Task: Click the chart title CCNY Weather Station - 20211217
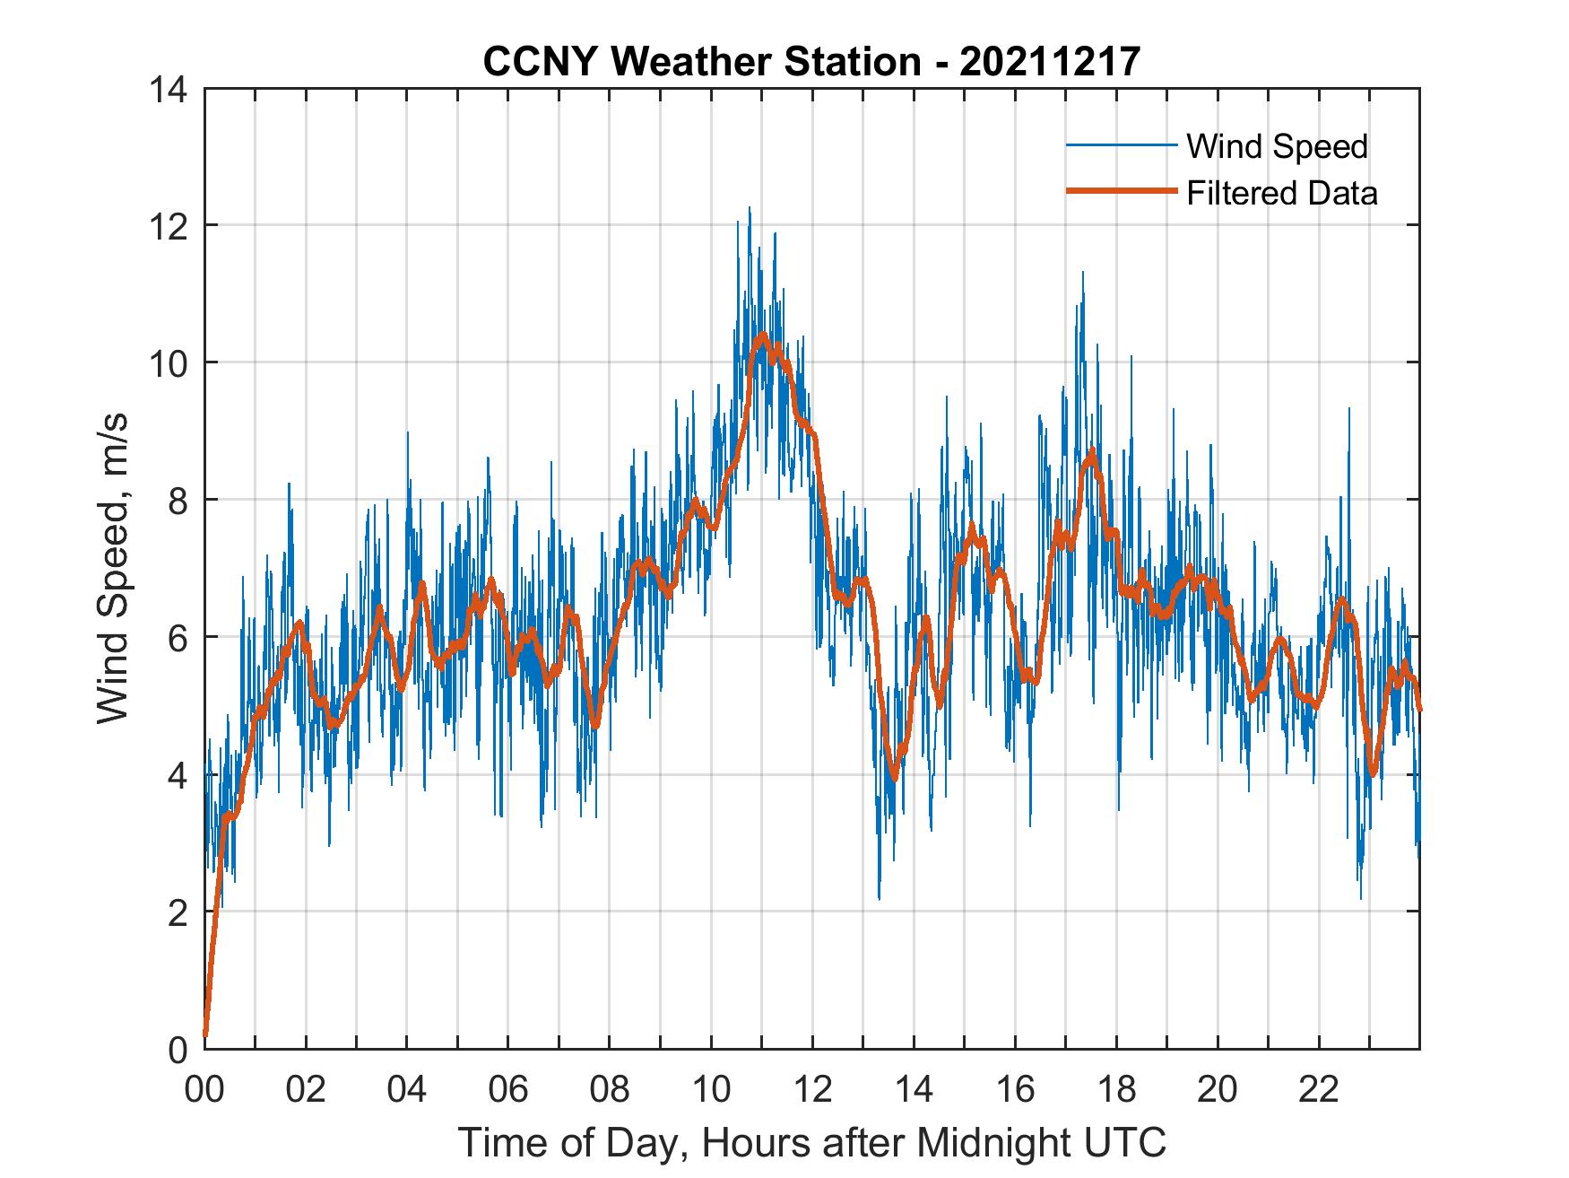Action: pyautogui.click(x=811, y=62)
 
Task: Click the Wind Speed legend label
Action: pyautogui.click(x=1277, y=146)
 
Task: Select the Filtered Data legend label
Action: pyautogui.click(x=1281, y=193)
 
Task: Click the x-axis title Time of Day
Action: pyautogui.click(x=811, y=1143)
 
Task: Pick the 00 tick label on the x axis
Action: pyautogui.click(x=204, y=1089)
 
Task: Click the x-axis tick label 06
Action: pyautogui.click(x=508, y=1089)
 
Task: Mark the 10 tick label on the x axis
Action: pyautogui.click(x=711, y=1089)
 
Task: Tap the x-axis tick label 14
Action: pyautogui.click(x=914, y=1089)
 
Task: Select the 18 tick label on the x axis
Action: pyautogui.click(x=1116, y=1089)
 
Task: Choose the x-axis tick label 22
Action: pyautogui.click(x=1319, y=1089)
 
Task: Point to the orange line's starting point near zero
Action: pyautogui.click(x=206, y=1035)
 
